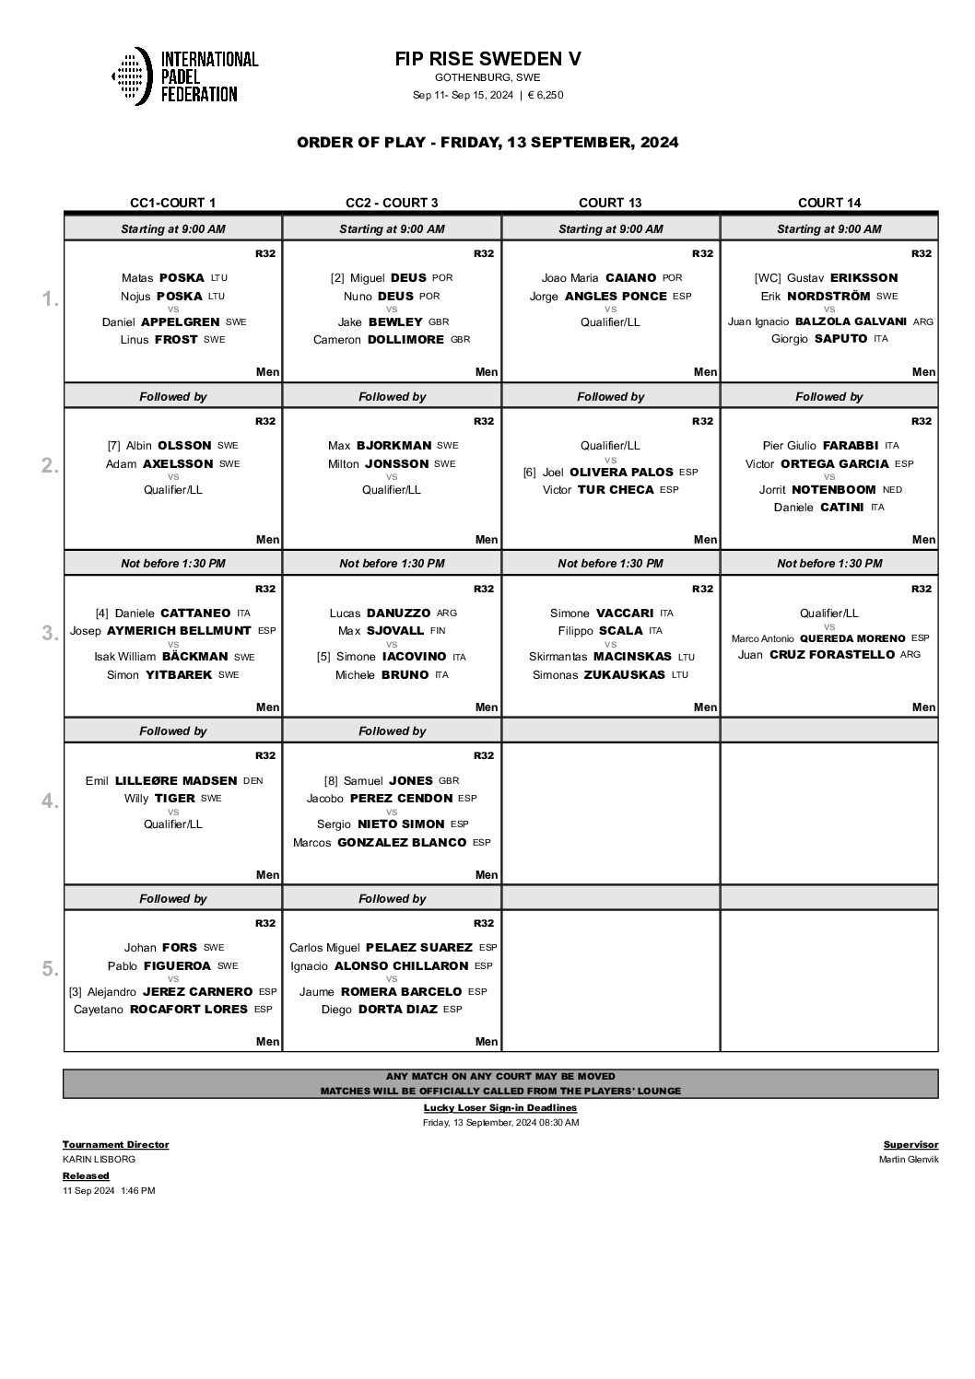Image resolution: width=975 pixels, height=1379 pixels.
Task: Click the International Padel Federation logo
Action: coord(184,76)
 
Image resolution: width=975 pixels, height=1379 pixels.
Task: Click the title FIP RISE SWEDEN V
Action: coord(487,59)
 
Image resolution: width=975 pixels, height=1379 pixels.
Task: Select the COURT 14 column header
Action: coord(828,203)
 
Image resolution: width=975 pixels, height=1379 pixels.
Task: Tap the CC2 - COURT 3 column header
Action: coord(392,203)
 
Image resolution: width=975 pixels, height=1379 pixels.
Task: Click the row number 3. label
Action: coord(51,633)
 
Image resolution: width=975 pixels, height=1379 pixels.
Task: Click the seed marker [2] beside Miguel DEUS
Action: coord(337,277)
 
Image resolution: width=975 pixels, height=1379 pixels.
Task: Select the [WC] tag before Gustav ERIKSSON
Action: coord(768,277)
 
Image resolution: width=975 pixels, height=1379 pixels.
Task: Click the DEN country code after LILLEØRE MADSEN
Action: coord(253,780)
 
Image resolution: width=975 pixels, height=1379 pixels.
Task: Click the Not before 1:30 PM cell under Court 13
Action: coord(610,563)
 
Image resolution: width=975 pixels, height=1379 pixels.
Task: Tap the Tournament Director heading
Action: coord(115,1144)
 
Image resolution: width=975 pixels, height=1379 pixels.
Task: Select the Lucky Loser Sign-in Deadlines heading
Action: coord(500,1107)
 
